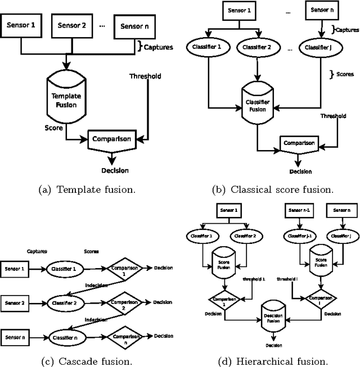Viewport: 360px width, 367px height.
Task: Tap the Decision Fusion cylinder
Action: coord(274,315)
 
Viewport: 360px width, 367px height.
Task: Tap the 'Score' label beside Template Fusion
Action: coord(53,128)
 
